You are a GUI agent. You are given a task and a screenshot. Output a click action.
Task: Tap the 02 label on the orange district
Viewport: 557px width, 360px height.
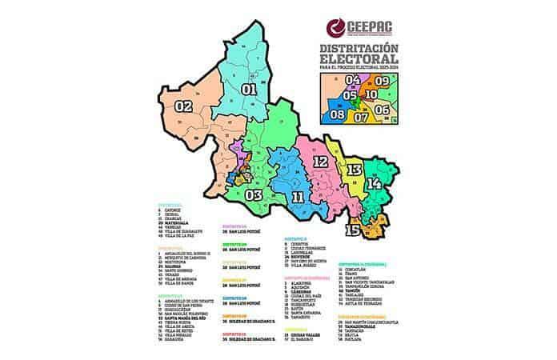[x=183, y=106]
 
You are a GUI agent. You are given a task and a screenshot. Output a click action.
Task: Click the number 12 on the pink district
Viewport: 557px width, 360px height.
[x=320, y=162]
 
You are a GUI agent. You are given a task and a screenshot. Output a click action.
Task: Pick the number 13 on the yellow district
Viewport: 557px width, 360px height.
[x=354, y=170]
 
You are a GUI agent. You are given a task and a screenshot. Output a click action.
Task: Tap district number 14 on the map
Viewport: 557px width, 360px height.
[x=374, y=183]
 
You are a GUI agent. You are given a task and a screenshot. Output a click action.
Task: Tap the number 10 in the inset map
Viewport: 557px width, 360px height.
[x=371, y=94]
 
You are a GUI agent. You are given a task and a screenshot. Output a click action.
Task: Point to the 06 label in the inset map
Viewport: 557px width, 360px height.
[x=383, y=109]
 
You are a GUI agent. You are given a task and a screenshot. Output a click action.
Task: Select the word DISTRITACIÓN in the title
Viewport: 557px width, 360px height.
[x=359, y=50]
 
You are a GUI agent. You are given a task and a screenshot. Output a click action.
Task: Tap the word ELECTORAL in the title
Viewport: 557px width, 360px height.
[x=359, y=60]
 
